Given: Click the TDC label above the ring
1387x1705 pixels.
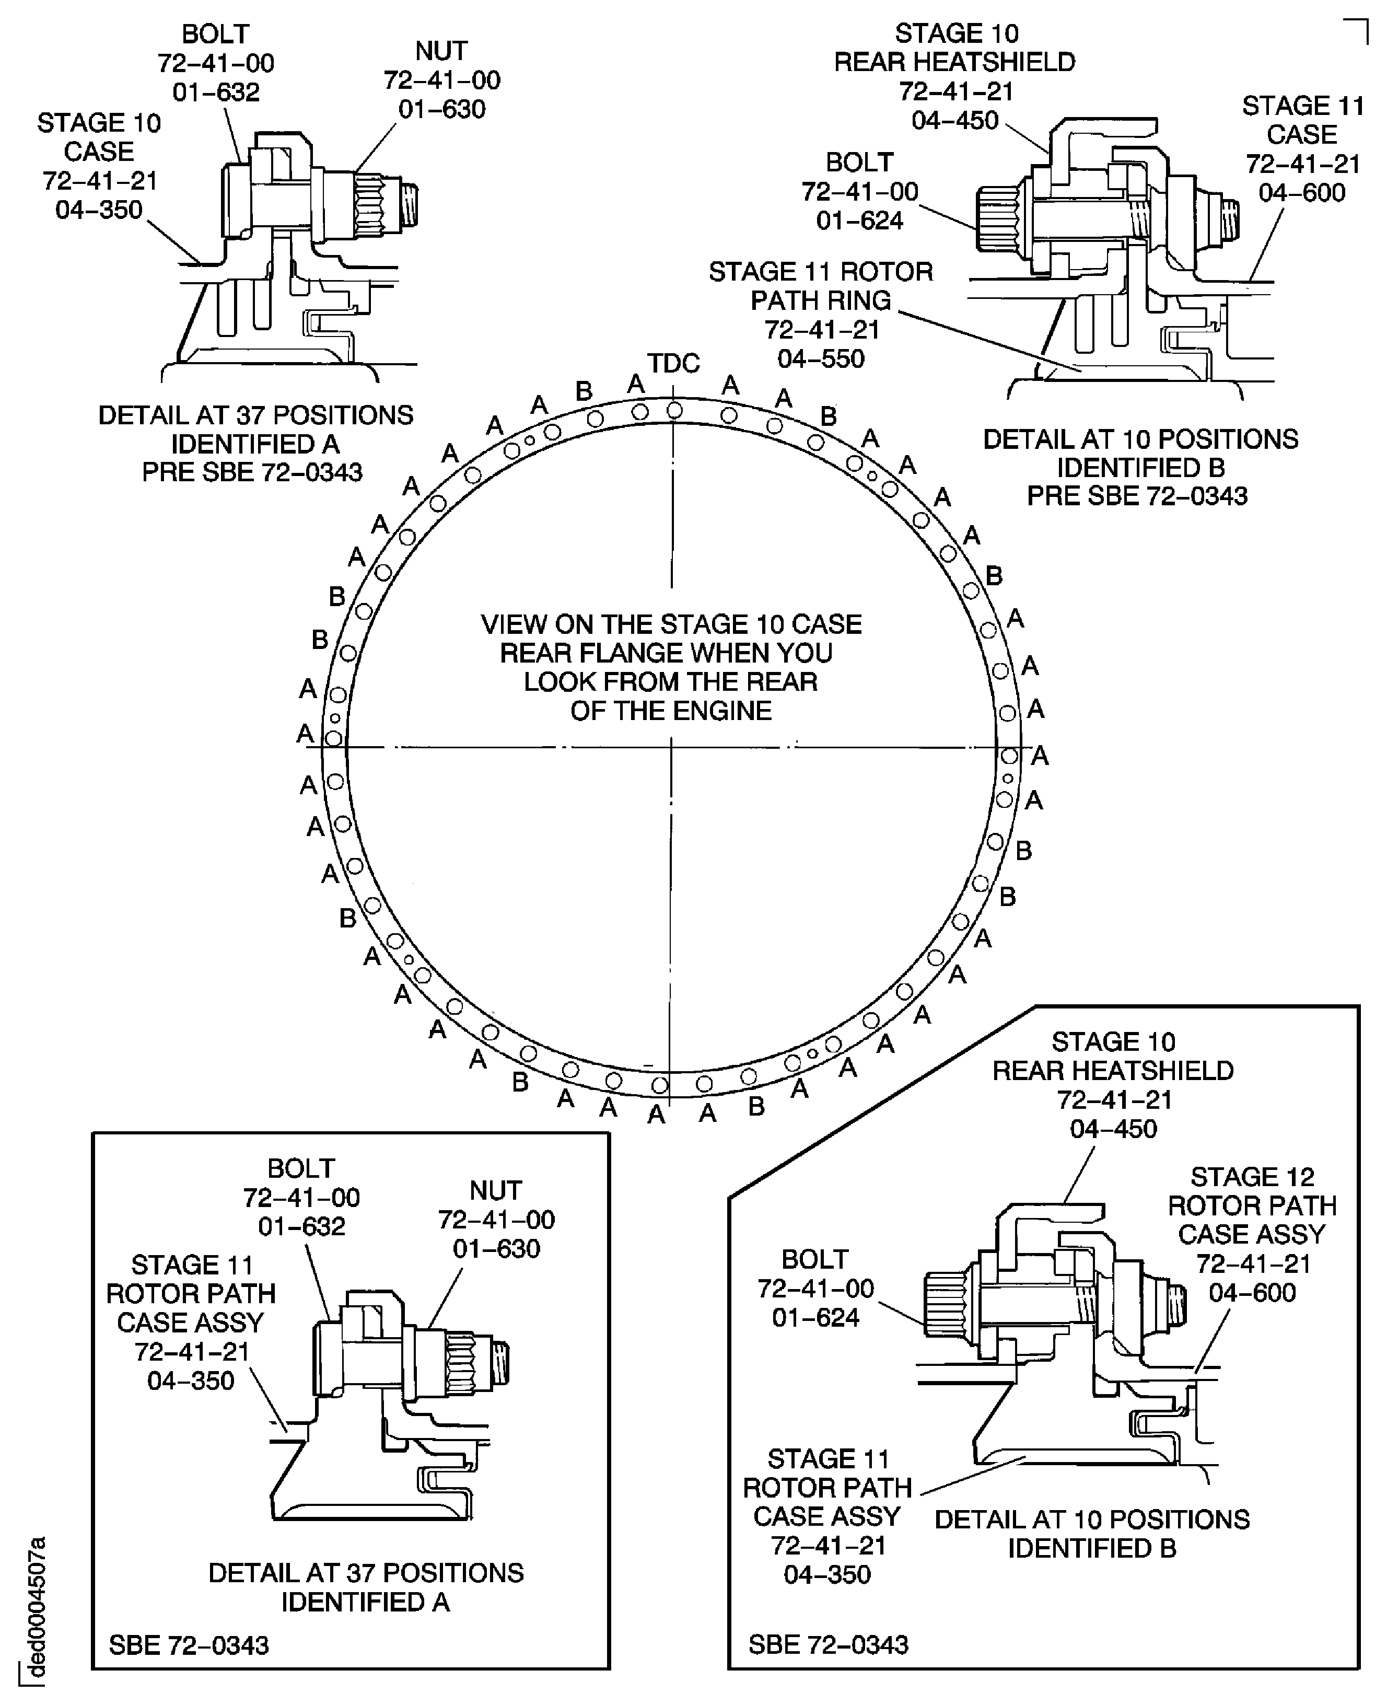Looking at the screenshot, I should click(673, 364).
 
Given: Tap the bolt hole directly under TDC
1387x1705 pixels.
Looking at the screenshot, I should click(674, 411).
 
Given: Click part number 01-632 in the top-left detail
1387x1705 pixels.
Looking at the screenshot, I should click(216, 92).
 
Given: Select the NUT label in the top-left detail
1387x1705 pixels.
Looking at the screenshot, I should click(441, 51).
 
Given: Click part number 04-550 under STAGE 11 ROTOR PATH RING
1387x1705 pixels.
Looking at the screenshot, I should click(821, 359).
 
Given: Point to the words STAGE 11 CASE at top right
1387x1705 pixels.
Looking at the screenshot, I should click(1302, 120).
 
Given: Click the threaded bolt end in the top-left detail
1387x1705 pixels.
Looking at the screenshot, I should click(409, 203).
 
